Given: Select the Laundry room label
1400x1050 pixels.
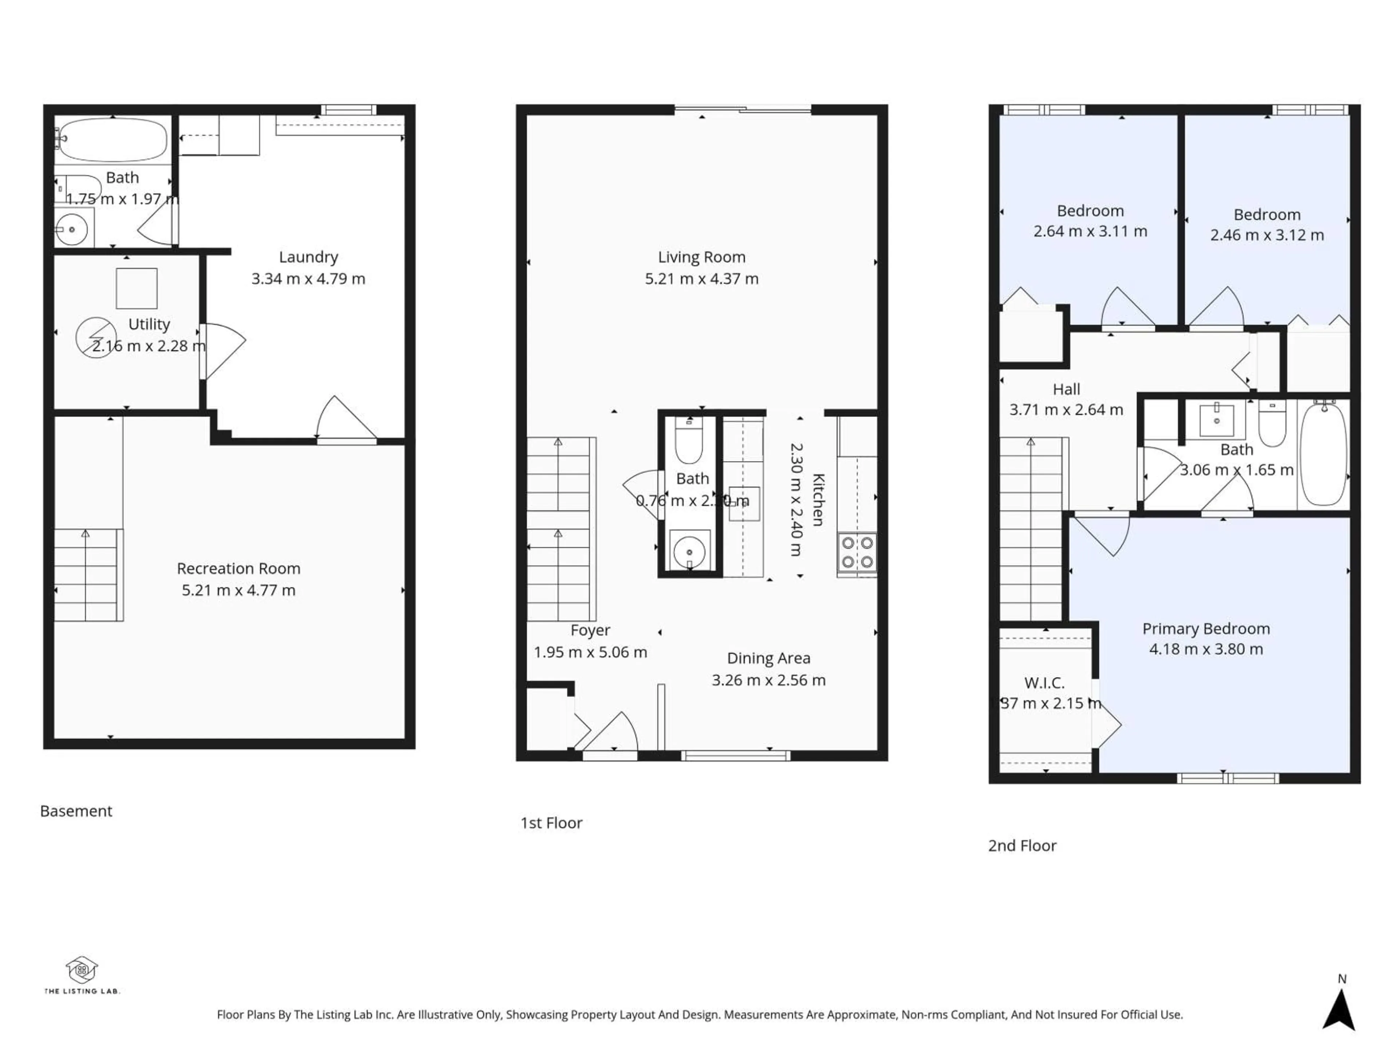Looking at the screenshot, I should click(308, 257).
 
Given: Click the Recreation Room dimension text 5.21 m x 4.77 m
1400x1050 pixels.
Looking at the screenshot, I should click(238, 590).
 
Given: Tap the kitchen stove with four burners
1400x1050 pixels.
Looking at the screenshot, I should click(857, 553).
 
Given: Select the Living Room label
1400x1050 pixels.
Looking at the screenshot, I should click(701, 257).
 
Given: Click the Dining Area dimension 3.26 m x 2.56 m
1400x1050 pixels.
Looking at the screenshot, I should click(768, 680).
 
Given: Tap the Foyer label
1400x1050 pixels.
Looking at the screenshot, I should click(590, 630).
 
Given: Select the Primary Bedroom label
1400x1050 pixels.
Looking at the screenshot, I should click(1206, 629).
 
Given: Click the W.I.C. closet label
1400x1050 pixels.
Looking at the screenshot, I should click(1044, 683).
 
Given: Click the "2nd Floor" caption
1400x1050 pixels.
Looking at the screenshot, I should click(1022, 845).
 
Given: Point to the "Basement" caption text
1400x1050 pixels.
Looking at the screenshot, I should click(76, 811).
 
